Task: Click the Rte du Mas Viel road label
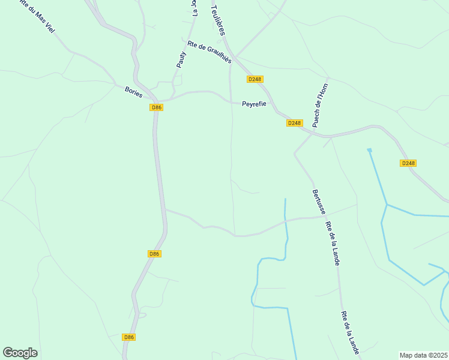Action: pos(34,19)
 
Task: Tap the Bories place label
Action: pos(133,91)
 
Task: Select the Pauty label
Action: pos(181,62)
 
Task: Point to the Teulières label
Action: pos(217,20)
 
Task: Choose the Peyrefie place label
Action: pos(254,104)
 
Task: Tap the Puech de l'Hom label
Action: pos(321,105)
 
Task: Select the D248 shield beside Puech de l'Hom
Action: pos(294,123)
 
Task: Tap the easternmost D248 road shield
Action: pos(408,163)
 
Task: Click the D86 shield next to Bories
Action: pos(156,107)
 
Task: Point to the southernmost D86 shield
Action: pos(128,337)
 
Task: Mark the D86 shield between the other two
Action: pos(154,254)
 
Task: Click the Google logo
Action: pos(20,353)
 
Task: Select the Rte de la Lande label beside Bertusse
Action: pos(333,244)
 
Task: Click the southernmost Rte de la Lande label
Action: pos(350,332)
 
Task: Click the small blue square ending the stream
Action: pos(369,149)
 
